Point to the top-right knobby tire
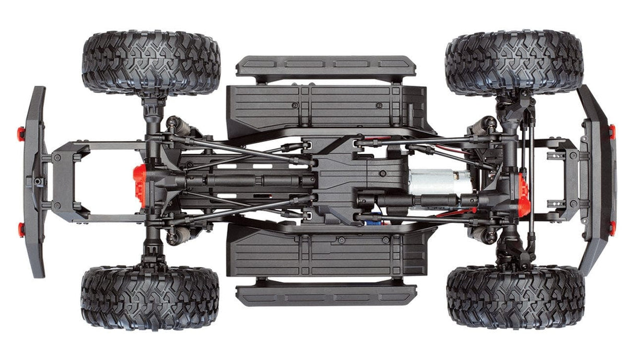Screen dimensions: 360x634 (x=514, y=63)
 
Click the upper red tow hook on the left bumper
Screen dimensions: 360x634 (x=21, y=134)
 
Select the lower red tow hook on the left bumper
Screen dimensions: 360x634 (x=21, y=228)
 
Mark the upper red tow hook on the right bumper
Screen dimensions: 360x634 (x=612, y=132)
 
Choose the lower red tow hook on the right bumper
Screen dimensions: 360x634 (x=612, y=228)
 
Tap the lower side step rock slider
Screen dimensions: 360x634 (x=326, y=294)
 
